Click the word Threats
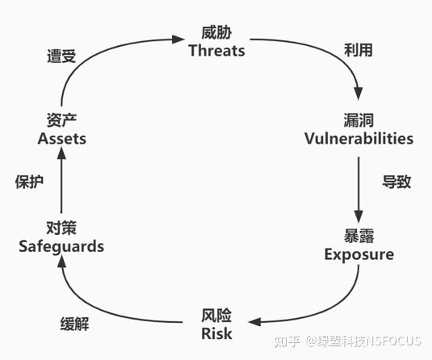tap(217, 51)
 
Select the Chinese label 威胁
tap(216, 33)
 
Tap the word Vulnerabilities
tap(359, 138)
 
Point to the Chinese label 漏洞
tap(359, 120)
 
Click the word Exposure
tap(359, 254)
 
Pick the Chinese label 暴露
tap(359, 236)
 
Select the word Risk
tap(216, 334)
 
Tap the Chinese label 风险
tap(216, 316)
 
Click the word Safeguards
tap(61, 246)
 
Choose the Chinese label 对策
tap(61, 228)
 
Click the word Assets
tap(61, 138)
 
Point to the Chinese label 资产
tap(61, 120)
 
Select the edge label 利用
tap(359, 50)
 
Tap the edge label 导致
tap(396, 182)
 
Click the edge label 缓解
tap(74, 324)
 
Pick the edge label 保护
tap(29, 182)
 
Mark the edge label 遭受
tap(61, 57)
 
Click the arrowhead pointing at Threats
tap(178, 39)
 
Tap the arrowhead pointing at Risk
tap(254, 321)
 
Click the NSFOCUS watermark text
tap(393, 341)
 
